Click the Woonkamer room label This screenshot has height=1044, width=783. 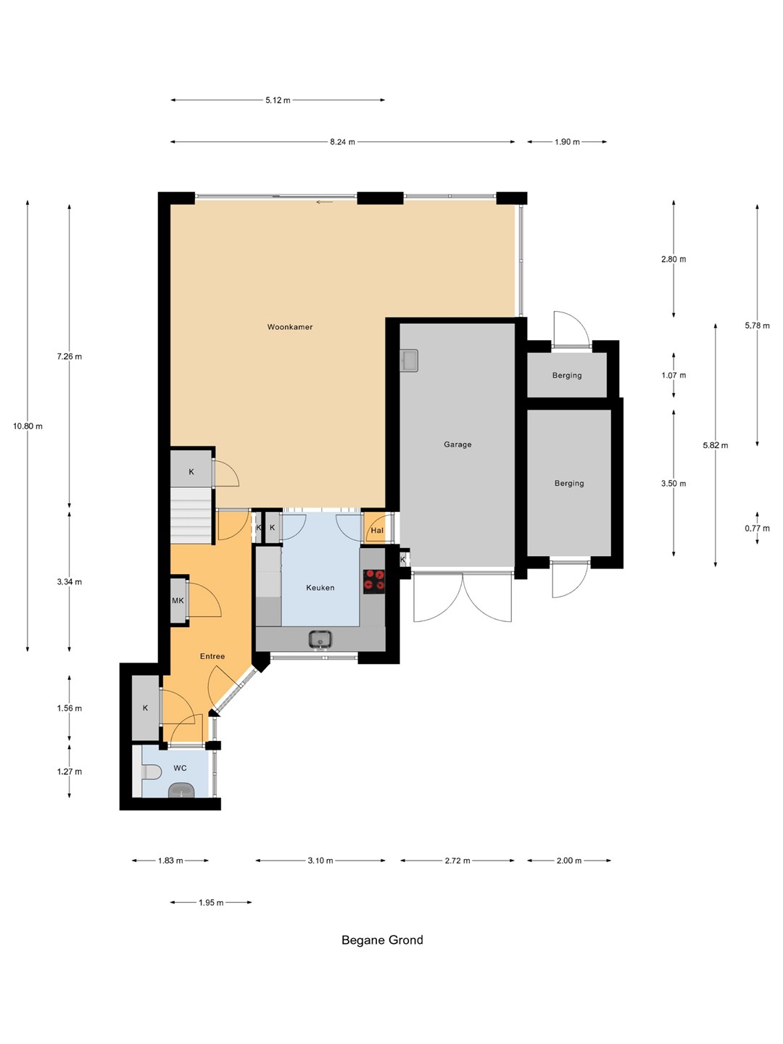(x=289, y=327)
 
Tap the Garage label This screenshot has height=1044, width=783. (x=457, y=444)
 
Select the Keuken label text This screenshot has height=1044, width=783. (x=320, y=587)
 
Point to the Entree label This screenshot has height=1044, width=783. (x=212, y=656)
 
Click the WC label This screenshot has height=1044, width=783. (x=180, y=768)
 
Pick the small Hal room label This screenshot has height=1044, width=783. (x=377, y=530)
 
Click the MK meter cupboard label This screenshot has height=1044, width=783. (x=178, y=601)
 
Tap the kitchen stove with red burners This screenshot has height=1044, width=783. (x=374, y=581)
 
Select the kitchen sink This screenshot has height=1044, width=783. (x=320, y=639)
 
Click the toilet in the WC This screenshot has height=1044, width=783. (x=150, y=771)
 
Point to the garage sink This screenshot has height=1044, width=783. (x=408, y=360)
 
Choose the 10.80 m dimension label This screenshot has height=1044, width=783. (x=28, y=426)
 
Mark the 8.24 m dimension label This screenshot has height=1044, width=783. (x=342, y=141)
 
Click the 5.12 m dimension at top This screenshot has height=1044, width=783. (x=278, y=100)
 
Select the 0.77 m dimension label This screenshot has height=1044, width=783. (x=757, y=528)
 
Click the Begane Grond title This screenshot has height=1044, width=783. (x=382, y=940)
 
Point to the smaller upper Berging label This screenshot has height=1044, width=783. (x=567, y=376)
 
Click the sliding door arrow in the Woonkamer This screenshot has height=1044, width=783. (x=325, y=202)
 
